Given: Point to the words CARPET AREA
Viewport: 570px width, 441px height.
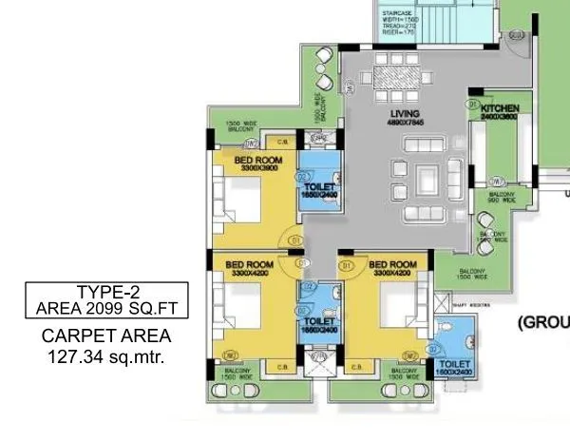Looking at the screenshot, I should (x=106, y=336).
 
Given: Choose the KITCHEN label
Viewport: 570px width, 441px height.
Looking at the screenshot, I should (x=500, y=110).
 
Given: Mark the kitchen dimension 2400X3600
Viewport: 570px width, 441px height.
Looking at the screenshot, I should (x=500, y=119).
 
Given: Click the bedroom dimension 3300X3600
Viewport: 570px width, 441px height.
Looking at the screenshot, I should (x=260, y=168).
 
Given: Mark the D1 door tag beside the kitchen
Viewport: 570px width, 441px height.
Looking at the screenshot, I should (x=472, y=102).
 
